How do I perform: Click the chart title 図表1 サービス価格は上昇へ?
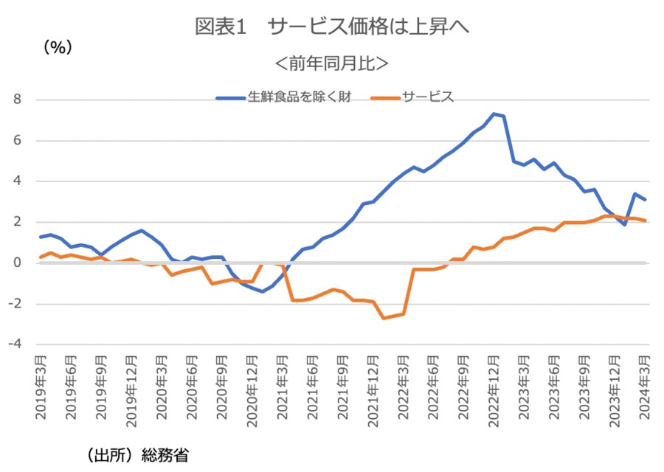click(x=332, y=27)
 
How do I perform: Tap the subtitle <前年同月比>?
click(x=332, y=63)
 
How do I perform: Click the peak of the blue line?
click(x=494, y=114)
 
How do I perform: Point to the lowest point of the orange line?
click(x=383, y=318)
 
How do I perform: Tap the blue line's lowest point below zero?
click(x=262, y=291)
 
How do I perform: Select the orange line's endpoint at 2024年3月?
click(x=645, y=221)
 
